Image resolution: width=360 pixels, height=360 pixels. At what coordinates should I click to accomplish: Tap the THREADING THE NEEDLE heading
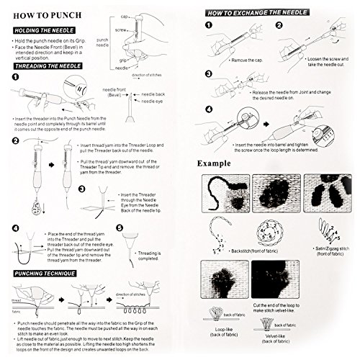(x=48, y=65)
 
